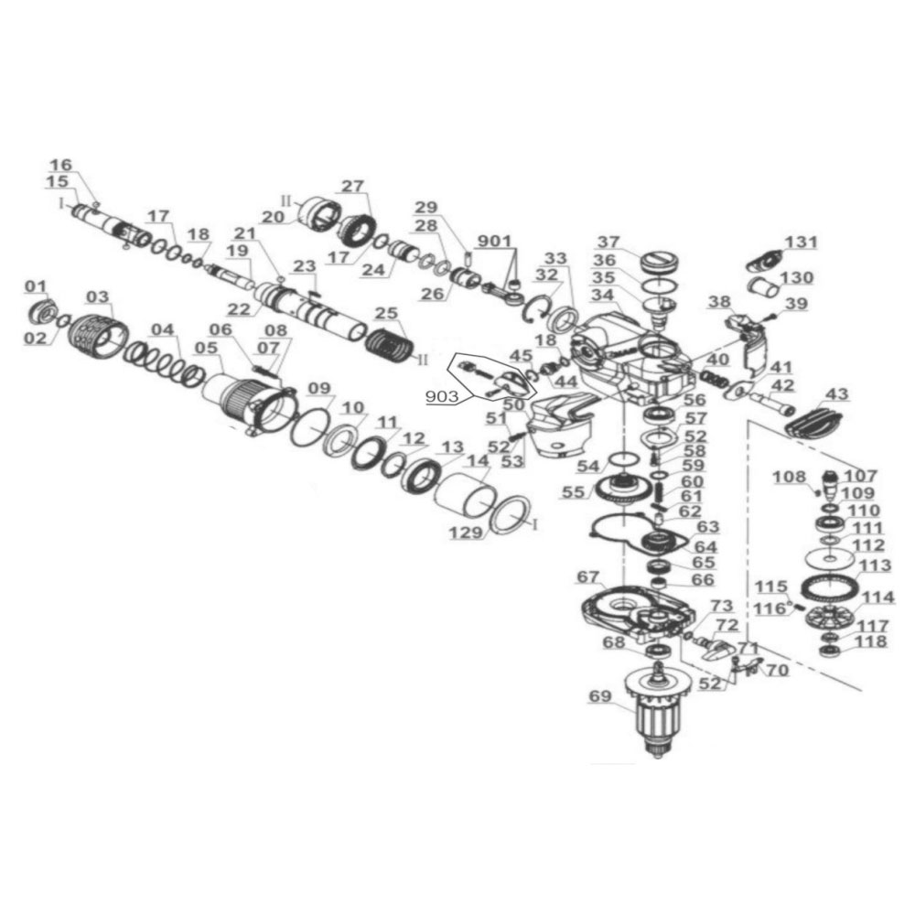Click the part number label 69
pyautogui.click(x=598, y=697)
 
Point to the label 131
pyautogui.click(x=802, y=242)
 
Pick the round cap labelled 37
pyautogui.click(x=661, y=262)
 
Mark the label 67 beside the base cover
pyautogui.click(x=587, y=576)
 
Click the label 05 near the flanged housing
pyautogui.click(x=206, y=348)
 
